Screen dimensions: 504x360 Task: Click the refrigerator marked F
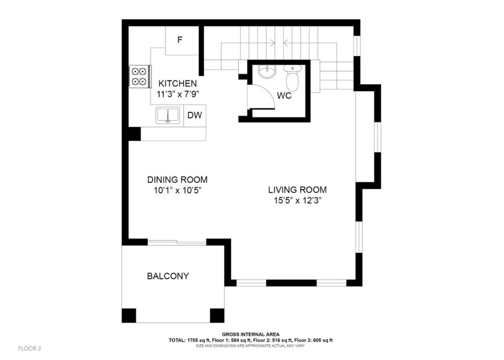[x=182, y=40]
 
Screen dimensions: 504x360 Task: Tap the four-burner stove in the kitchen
[x=140, y=76]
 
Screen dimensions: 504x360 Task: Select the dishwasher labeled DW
[x=195, y=115]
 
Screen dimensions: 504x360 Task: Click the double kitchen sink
[x=167, y=116]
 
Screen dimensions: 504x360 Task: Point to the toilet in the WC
[x=292, y=77]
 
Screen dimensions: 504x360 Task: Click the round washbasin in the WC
[x=267, y=72]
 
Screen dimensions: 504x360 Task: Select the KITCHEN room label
[x=177, y=84]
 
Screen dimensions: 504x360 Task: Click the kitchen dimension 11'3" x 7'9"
[x=178, y=94]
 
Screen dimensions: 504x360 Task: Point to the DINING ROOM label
[x=177, y=180]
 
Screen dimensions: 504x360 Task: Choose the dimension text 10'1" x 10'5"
[x=177, y=190]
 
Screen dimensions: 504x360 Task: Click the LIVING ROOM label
[x=298, y=190]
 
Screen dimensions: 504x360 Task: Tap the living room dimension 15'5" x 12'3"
[x=298, y=201]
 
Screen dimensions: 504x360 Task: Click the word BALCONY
[x=168, y=276]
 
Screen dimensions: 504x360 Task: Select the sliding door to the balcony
[x=177, y=242]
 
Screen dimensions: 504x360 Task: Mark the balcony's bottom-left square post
[x=128, y=315]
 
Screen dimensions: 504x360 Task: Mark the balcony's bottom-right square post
[x=217, y=315]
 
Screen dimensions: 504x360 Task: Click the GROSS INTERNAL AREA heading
[x=251, y=334]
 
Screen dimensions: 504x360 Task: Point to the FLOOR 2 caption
[x=30, y=348]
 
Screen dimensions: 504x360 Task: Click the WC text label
[x=284, y=96]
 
